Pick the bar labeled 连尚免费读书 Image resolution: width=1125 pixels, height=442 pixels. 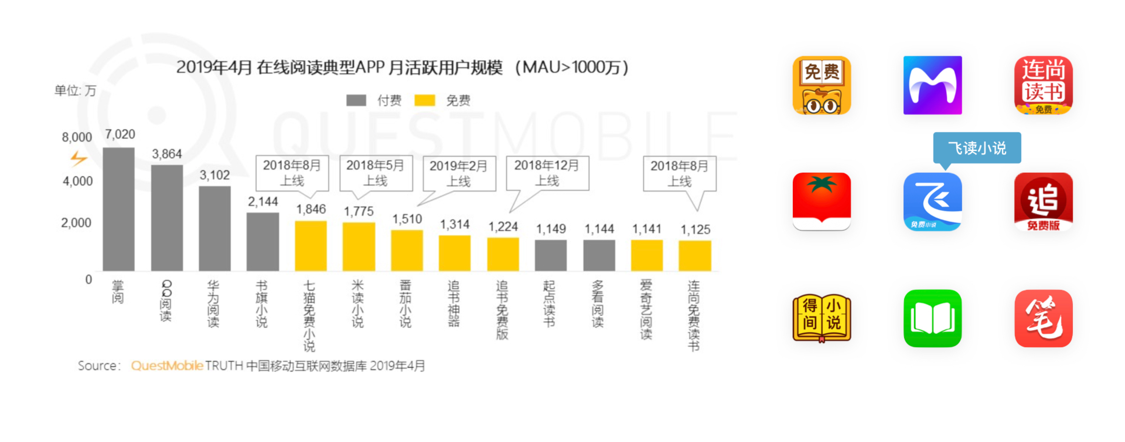(x=694, y=256)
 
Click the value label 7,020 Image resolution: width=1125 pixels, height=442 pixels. (x=120, y=134)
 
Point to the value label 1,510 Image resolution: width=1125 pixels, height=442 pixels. (x=407, y=219)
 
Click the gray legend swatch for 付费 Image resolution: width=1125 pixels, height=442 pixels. (x=356, y=100)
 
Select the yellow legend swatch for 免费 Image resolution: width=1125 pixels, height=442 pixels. (x=425, y=100)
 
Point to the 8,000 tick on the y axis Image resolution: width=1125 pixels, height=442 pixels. (x=77, y=137)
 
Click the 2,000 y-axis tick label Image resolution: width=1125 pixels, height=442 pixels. (x=76, y=223)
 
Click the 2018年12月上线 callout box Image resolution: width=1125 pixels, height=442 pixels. (x=547, y=173)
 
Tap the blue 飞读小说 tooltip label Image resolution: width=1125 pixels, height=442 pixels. (x=977, y=148)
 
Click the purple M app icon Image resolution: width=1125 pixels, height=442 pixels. (x=933, y=85)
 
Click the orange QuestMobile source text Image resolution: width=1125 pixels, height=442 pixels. (x=167, y=366)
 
